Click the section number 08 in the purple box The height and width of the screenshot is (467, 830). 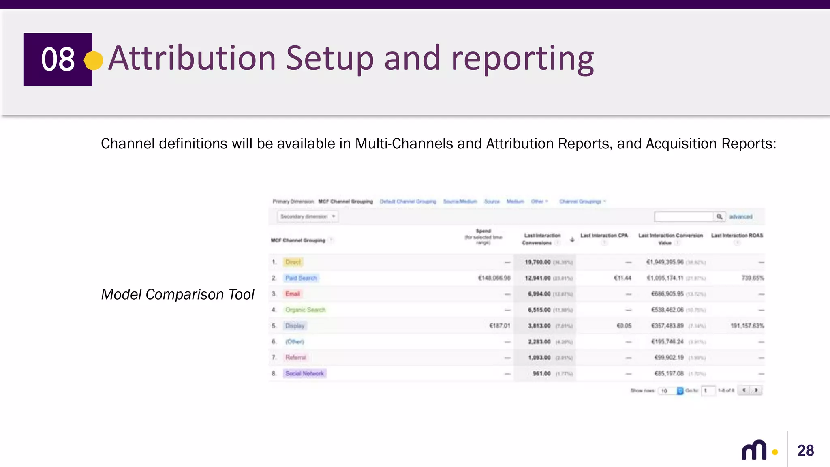click(58, 59)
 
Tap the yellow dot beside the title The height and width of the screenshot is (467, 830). click(94, 60)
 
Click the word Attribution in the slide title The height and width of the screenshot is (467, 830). click(192, 58)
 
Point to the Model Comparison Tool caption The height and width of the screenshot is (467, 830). click(178, 294)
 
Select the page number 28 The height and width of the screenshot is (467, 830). click(805, 450)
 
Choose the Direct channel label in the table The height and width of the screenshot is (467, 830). click(293, 262)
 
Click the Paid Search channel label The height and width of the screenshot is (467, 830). click(301, 278)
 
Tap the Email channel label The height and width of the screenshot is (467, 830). click(293, 294)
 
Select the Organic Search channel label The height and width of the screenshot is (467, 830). click(305, 310)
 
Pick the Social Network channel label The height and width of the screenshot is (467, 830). click(304, 373)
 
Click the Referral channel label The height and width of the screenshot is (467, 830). click(295, 358)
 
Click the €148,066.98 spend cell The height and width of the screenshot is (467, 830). click(494, 278)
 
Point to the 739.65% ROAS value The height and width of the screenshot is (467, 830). click(753, 278)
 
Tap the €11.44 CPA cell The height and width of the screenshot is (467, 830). click(622, 278)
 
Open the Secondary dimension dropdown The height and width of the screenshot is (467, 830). click(308, 216)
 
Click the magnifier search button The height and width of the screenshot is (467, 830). click(719, 217)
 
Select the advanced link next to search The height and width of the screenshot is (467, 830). click(740, 217)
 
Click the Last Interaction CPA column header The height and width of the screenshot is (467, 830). click(604, 236)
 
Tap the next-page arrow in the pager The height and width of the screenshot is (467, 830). click(756, 390)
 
